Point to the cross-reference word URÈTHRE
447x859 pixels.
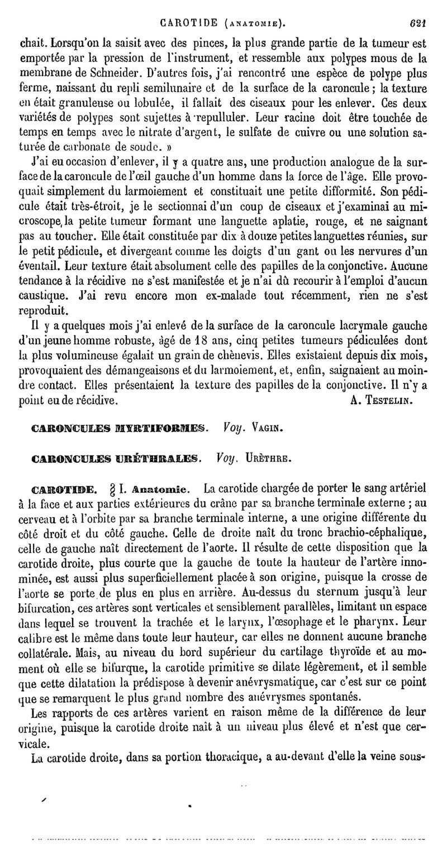[x=272, y=459]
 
